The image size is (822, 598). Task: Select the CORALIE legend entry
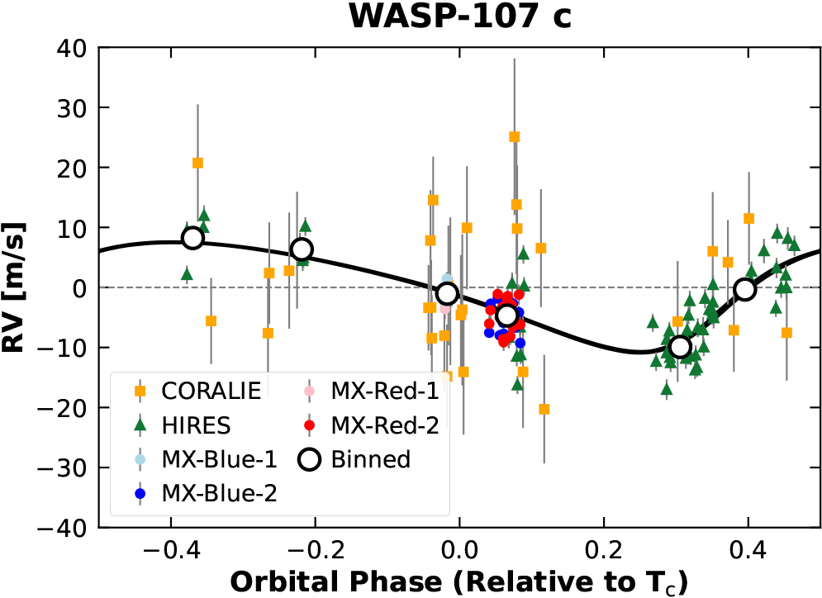[197, 390]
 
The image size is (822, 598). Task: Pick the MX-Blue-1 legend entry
[208, 459]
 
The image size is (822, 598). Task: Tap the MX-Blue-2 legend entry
[208, 494]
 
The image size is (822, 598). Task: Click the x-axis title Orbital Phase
[459, 581]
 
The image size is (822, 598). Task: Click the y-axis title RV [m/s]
[18, 287]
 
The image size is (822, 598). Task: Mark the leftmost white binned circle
[192, 238]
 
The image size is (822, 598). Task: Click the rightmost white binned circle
[745, 289]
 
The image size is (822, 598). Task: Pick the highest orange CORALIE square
[514, 137]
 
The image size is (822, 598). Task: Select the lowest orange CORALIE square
[544, 409]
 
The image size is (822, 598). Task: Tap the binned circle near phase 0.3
[680, 347]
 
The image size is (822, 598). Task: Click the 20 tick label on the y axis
[75, 168]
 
